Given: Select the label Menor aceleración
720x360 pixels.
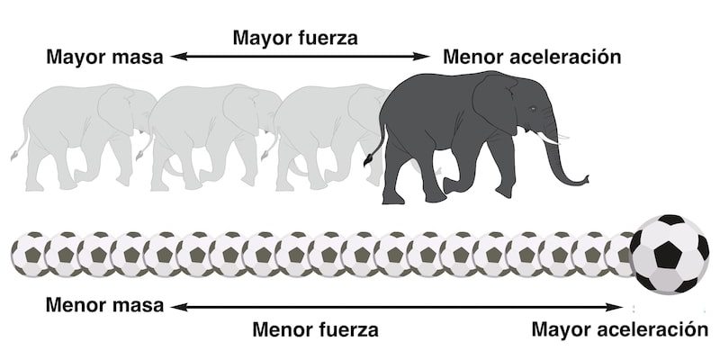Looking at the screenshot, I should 533,58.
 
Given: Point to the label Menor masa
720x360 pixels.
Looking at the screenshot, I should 104,305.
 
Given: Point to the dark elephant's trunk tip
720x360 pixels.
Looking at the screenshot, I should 586,177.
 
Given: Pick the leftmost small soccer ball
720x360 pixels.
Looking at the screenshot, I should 28,253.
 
